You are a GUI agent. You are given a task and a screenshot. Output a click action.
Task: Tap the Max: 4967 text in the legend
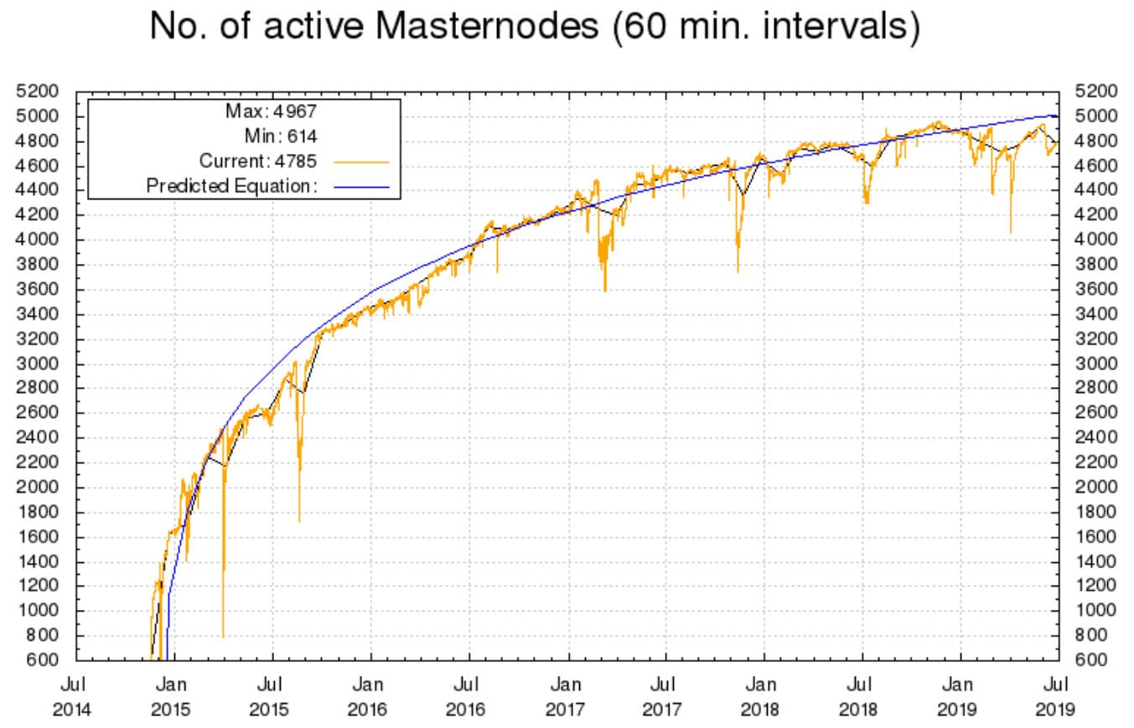click(x=271, y=111)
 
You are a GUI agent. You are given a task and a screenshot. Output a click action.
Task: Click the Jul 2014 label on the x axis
click(x=73, y=697)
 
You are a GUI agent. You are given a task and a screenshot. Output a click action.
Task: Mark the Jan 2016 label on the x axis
click(x=369, y=697)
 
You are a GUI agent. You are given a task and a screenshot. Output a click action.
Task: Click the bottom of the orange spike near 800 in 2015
click(x=223, y=636)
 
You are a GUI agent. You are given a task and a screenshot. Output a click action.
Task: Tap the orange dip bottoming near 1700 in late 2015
click(x=299, y=520)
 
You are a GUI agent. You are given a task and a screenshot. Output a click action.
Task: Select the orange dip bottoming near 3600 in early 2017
click(x=605, y=290)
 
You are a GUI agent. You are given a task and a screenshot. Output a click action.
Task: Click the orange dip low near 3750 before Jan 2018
click(x=738, y=271)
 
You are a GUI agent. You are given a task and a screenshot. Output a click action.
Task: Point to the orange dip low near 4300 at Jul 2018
click(x=866, y=202)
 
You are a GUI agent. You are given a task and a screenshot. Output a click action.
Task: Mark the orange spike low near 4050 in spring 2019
click(x=1011, y=232)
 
